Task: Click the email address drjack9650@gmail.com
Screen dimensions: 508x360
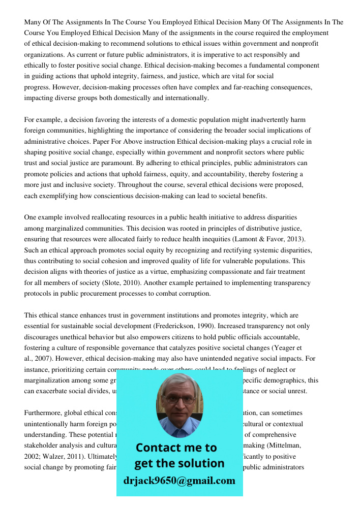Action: tap(179, 481)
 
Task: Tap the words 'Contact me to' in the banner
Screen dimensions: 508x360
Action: tap(176, 448)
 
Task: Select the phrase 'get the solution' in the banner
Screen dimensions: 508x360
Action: tap(179, 463)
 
